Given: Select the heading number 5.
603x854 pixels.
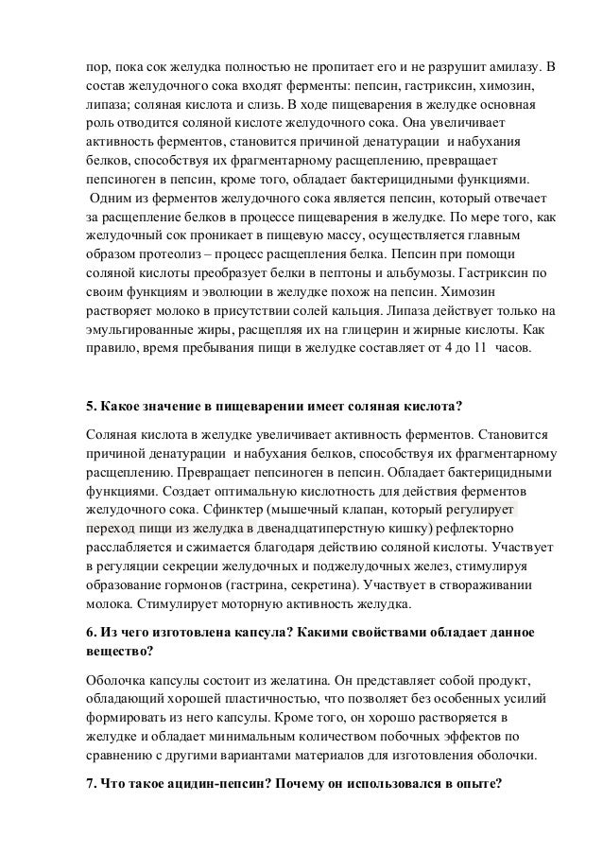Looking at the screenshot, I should [x=92, y=408].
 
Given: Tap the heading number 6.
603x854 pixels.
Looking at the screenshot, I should [x=92, y=631].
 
